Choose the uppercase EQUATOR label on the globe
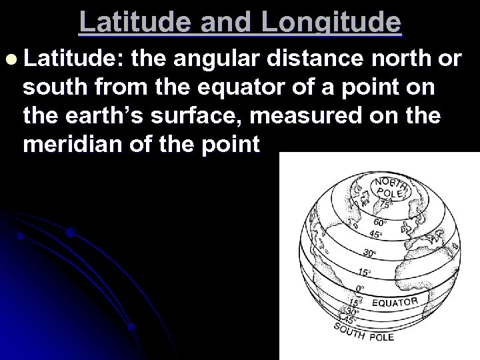396,303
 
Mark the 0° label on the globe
360,289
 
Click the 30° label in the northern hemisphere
369,253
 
